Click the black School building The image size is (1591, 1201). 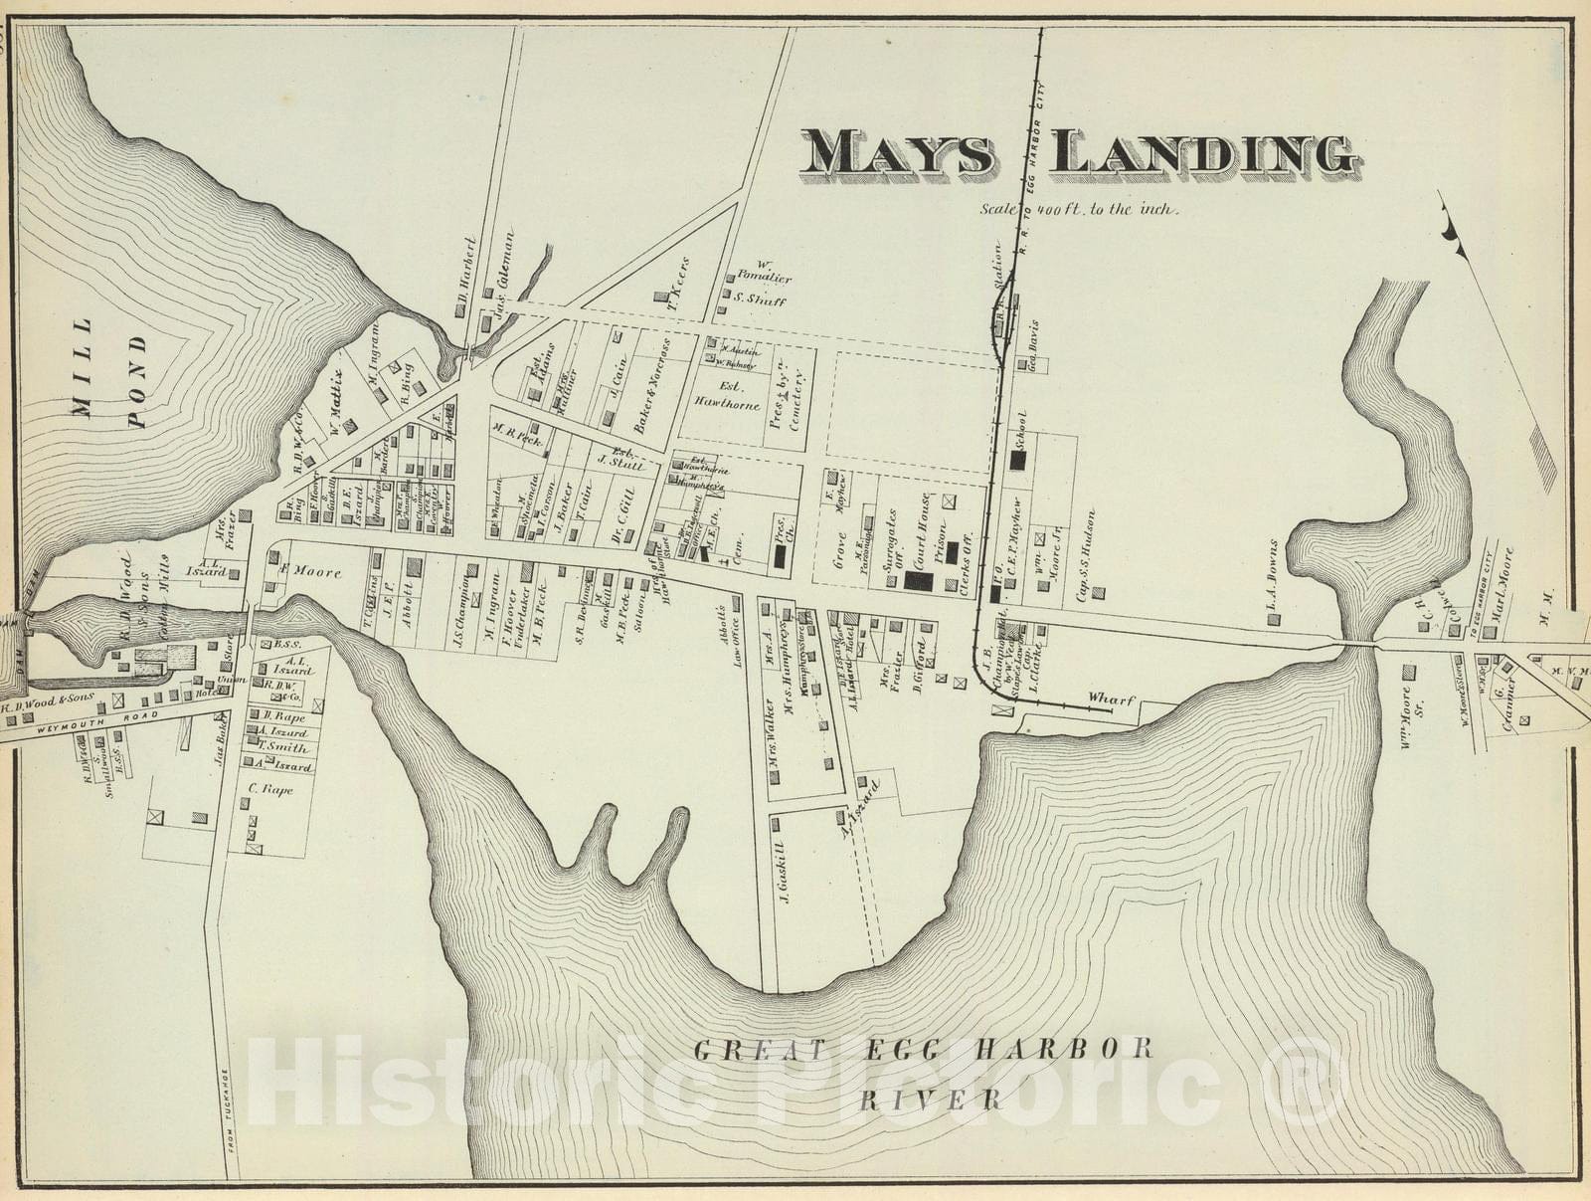pos(1017,460)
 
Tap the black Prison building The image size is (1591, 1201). pos(951,551)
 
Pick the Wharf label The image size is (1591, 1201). pos(1111,700)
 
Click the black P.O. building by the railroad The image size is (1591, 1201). pos(995,595)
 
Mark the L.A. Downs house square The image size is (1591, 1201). pos(1274,619)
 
